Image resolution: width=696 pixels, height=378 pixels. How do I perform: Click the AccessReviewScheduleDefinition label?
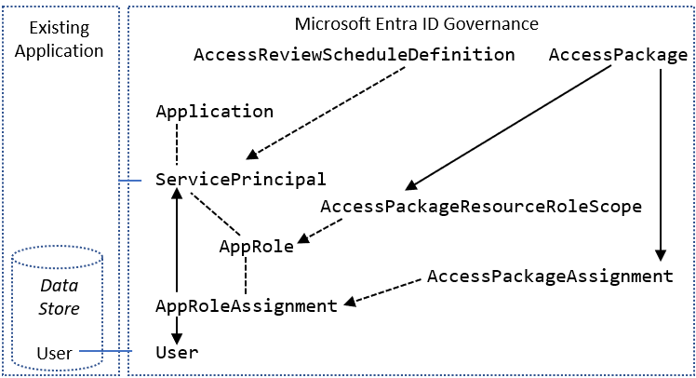pyautogui.click(x=354, y=55)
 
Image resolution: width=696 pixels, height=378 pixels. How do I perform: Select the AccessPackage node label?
pyautogui.click(x=618, y=55)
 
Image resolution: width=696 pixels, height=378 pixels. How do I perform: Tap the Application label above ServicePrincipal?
pyautogui.click(x=215, y=112)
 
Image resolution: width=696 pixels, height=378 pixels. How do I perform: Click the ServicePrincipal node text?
pyautogui.click(x=241, y=179)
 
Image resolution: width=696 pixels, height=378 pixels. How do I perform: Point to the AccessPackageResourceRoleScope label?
pyautogui.click(x=481, y=207)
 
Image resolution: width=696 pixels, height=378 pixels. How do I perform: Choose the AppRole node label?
pyautogui.click(x=256, y=247)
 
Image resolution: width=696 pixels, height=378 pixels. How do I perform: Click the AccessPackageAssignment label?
pyautogui.click(x=550, y=277)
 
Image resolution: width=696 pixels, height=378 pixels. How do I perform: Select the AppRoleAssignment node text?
pyautogui.click(x=246, y=305)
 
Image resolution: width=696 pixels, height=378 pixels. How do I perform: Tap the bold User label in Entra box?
pyautogui.click(x=177, y=352)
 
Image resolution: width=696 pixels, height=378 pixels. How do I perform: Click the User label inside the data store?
pyautogui.click(x=54, y=352)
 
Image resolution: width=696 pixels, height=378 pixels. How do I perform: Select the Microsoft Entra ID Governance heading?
pyautogui.click(x=416, y=22)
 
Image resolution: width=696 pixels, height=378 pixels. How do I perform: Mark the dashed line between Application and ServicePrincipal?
pyautogui.click(x=176, y=145)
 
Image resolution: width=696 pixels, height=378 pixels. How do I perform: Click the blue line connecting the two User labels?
pyautogui.click(x=107, y=352)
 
